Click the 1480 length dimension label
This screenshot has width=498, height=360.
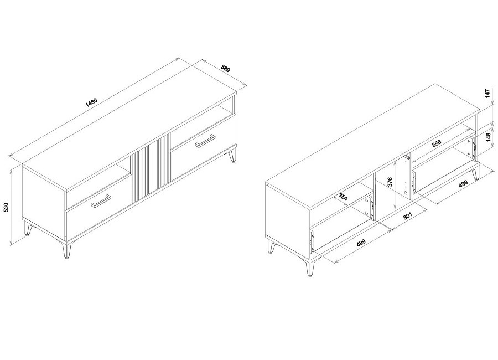coord(91,102)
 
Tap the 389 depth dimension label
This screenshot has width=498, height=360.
coord(226,68)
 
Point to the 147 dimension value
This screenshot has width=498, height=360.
coord(488,94)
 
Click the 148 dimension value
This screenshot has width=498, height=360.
coord(488,137)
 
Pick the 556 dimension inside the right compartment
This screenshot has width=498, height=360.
coord(437,144)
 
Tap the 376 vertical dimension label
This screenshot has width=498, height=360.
coord(390,182)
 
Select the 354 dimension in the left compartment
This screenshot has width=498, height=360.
coord(343,196)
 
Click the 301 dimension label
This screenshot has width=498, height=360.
coord(407,216)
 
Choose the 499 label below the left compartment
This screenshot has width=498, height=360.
coord(361,243)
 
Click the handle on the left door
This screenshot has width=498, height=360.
coord(101,200)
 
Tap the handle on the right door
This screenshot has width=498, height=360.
coord(205,141)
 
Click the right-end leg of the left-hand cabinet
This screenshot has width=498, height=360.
coord(233,155)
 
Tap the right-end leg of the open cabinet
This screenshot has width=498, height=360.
coord(475,174)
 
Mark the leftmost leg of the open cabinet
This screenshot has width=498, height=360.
coord(271,246)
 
